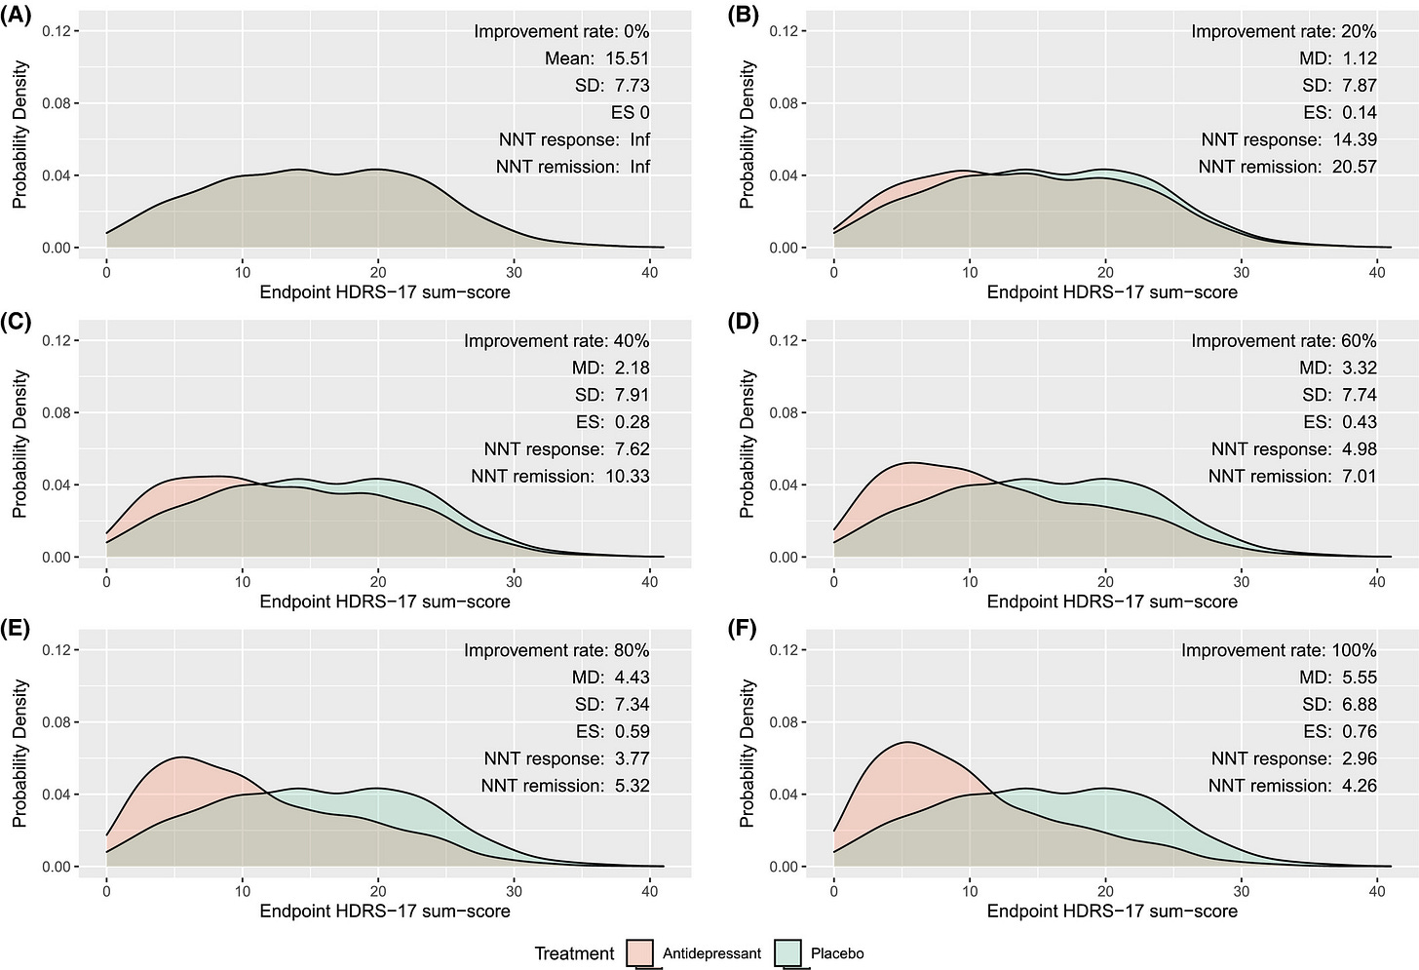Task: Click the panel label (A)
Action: click(16, 14)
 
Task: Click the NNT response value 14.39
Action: click(1355, 139)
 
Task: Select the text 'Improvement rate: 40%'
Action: click(556, 341)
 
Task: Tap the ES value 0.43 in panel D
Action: click(1360, 422)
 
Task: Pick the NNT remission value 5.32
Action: click(633, 786)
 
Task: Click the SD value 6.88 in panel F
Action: click(1360, 705)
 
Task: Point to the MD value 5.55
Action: click(1360, 678)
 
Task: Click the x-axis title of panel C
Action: click(385, 601)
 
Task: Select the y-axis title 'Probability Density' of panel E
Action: click(19, 754)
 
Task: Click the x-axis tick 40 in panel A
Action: click(650, 272)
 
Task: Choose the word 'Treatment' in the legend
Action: click(575, 953)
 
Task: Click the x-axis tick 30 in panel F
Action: click(1242, 891)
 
